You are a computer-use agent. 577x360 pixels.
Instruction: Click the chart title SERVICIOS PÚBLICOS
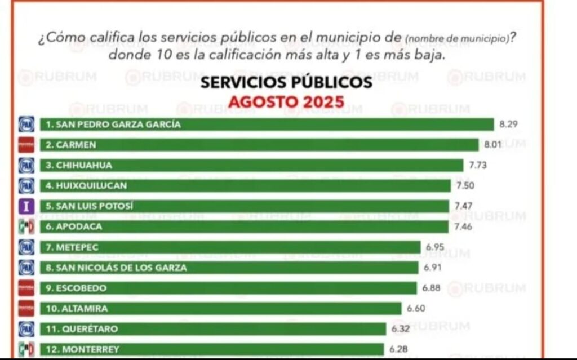[x=286, y=83]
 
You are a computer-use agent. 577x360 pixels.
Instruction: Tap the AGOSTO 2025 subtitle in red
[x=286, y=102]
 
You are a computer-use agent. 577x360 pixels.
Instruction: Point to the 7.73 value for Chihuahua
[x=478, y=165]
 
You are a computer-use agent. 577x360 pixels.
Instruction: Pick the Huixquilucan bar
[x=245, y=185]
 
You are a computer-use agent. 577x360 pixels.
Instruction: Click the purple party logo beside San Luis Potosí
[x=26, y=206]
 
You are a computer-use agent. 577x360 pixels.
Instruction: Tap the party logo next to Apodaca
[x=26, y=226]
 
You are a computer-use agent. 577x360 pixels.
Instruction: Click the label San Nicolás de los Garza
[x=116, y=268]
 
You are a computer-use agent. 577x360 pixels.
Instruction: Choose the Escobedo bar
[x=228, y=288]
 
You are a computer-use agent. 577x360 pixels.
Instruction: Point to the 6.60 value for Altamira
[x=416, y=308]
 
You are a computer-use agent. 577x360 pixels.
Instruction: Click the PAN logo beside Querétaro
[x=26, y=328]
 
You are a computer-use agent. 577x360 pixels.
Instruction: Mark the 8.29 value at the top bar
[x=508, y=124]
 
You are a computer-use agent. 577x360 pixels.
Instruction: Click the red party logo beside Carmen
[x=26, y=145]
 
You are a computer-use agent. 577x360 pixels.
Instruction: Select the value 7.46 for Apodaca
[x=463, y=226]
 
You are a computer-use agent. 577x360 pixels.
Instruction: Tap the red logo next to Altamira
[x=26, y=308]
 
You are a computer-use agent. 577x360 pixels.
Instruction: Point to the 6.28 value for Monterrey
[x=399, y=349]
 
